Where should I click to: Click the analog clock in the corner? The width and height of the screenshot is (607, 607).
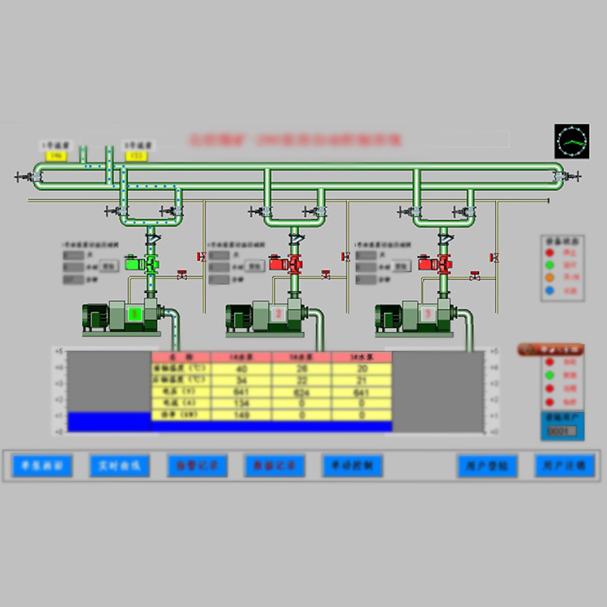coord(571,141)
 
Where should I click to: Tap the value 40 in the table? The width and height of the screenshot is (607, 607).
coord(241,369)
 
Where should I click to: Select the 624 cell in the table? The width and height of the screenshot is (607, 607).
coord(301,392)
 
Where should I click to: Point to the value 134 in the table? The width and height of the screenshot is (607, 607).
coord(241,403)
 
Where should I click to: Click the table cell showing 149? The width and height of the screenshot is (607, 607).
coord(241,414)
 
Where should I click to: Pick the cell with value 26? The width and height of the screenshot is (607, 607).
coord(301,369)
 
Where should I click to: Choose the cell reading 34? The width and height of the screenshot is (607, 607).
coord(241,380)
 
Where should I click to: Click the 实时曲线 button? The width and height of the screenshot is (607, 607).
coord(119,465)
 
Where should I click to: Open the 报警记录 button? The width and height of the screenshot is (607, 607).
coord(197,465)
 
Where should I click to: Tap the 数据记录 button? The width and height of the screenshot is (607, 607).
coord(274,465)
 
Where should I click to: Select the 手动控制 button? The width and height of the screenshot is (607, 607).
coord(352,465)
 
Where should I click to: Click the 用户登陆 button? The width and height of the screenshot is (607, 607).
coord(487,465)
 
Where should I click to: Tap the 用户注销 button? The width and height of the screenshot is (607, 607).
coord(565,465)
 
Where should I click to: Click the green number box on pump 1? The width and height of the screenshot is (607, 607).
coord(135,312)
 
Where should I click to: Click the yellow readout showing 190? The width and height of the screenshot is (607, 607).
coord(56,155)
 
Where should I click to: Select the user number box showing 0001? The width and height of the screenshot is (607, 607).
coord(562,431)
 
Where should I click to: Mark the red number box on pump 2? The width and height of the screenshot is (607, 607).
coord(278,313)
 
